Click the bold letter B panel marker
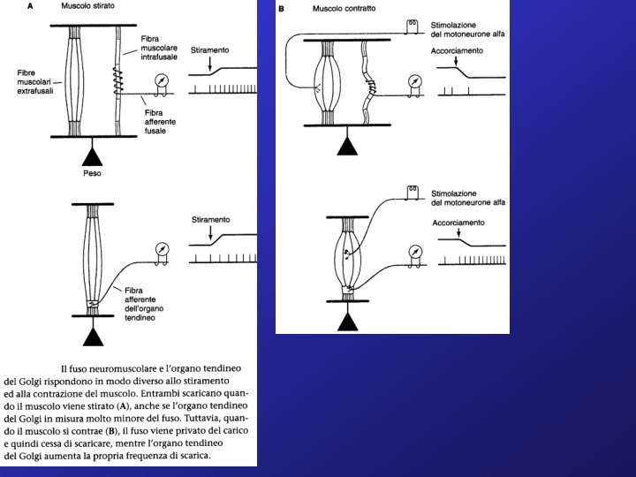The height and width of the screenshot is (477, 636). [282, 9]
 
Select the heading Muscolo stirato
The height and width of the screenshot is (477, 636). [87, 6]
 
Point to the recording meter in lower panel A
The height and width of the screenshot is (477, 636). [161, 250]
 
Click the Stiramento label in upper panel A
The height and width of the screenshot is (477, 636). [210, 52]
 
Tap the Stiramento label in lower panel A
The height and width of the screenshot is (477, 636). [210, 219]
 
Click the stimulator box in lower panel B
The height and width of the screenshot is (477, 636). [411, 192]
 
